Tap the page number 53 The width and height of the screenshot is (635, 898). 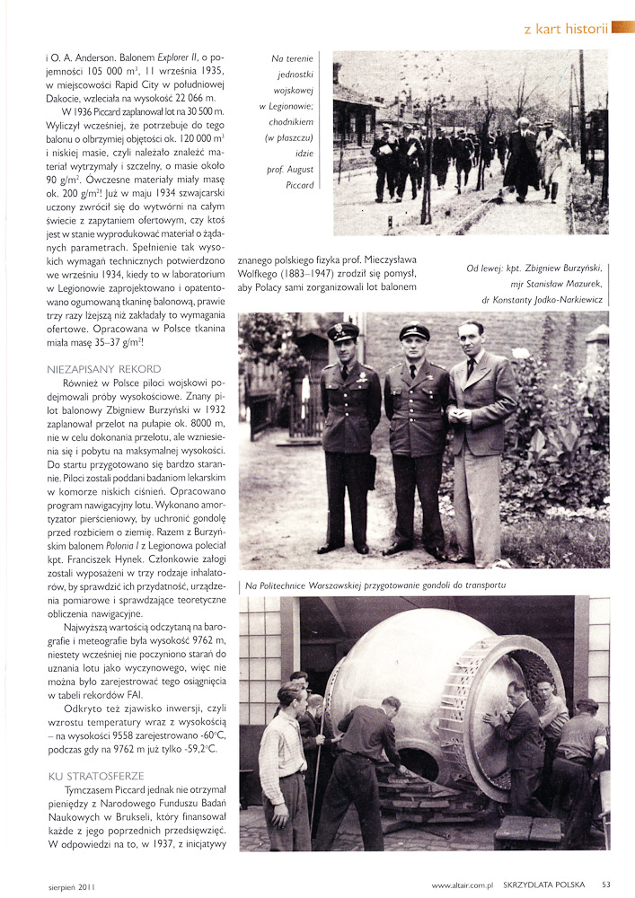point(606,885)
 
